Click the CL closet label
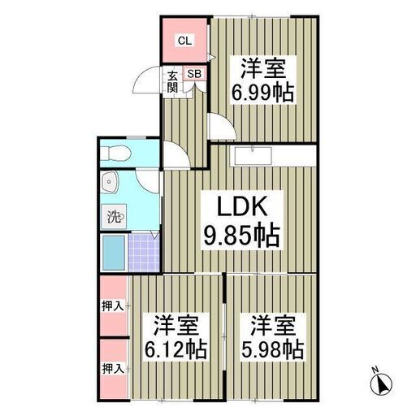click(x=184, y=41)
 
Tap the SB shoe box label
click(x=194, y=74)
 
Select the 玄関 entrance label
click(x=172, y=82)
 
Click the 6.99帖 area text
click(x=262, y=93)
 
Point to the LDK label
click(x=242, y=206)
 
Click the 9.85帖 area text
click(x=241, y=235)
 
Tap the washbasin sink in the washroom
click(x=109, y=182)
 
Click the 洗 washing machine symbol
click(x=114, y=216)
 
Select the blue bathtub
click(x=114, y=253)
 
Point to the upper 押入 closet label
click(x=113, y=306)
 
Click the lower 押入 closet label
click(x=113, y=369)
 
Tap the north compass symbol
click(x=381, y=383)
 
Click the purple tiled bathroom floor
click(x=144, y=253)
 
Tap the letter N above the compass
click(x=375, y=370)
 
